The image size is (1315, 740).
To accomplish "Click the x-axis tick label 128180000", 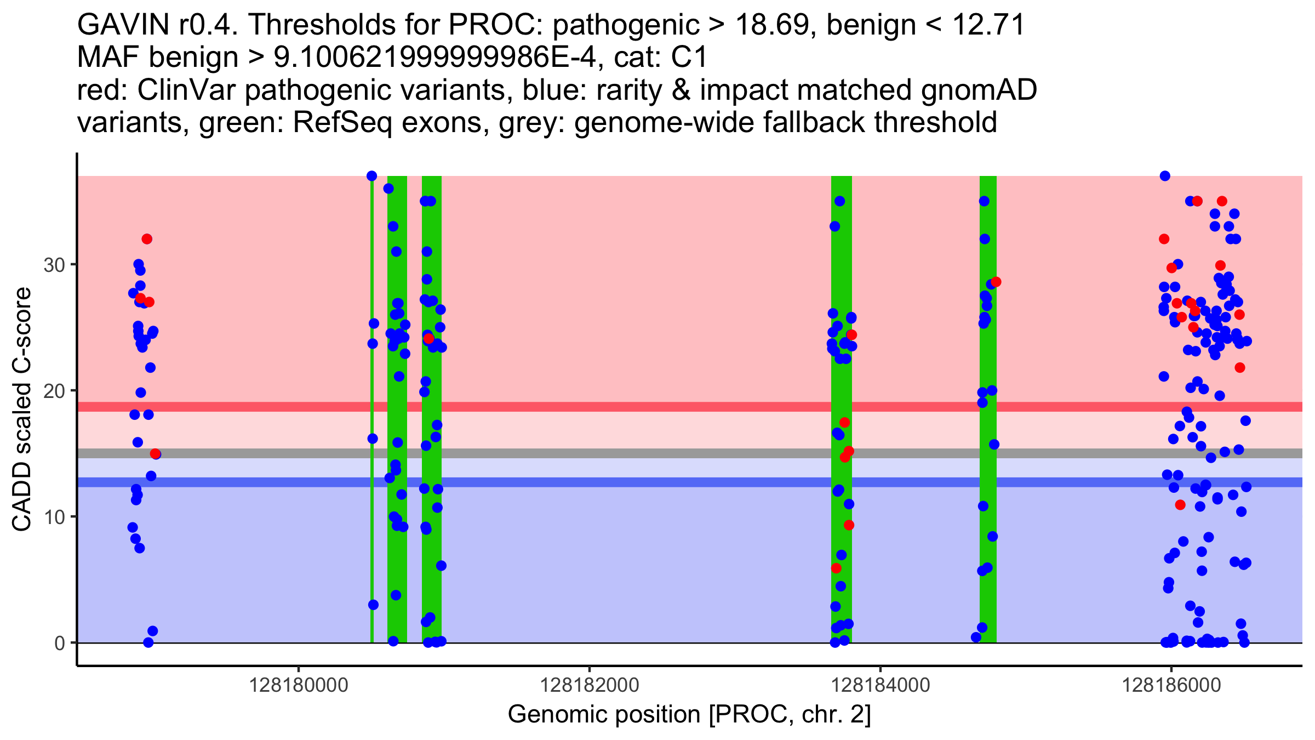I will [299, 686].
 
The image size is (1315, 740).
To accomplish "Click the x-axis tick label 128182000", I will [590, 686].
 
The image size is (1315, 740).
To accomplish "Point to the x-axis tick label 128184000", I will [881, 686].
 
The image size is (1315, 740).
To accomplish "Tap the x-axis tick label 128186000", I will [1171, 686].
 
